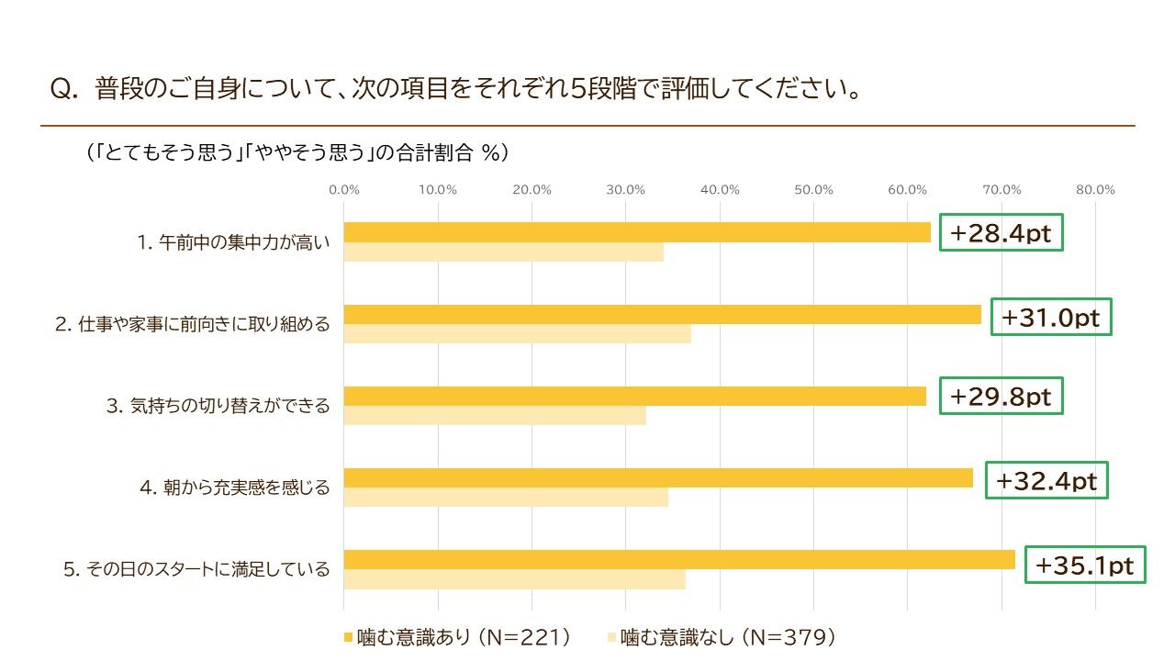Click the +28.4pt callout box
(x=1001, y=232)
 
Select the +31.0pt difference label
(x=1051, y=317)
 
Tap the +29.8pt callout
(x=1001, y=396)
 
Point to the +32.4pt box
(x=1046, y=480)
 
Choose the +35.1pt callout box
(x=1085, y=565)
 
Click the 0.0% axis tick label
(x=344, y=190)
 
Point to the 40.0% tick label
(x=720, y=190)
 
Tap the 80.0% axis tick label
(x=1095, y=190)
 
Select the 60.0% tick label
(x=908, y=190)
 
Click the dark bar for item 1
(x=637, y=232)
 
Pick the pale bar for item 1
(x=504, y=252)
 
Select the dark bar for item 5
(x=679, y=560)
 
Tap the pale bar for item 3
(x=495, y=416)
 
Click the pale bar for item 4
(x=506, y=498)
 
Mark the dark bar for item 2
(x=663, y=314)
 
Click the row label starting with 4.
(x=235, y=487)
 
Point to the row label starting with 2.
(x=193, y=324)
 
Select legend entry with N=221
(x=457, y=637)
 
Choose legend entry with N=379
(x=722, y=637)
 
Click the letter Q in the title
(x=61, y=90)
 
